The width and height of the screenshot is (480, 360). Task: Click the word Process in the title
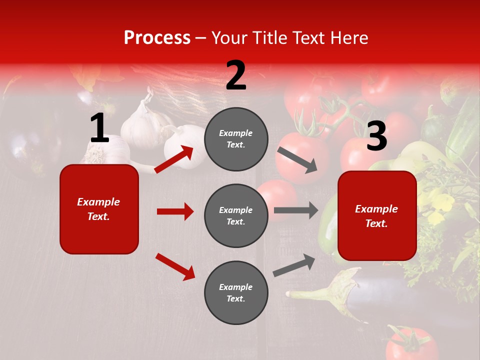click(x=157, y=38)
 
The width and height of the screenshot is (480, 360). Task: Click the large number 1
click(x=99, y=128)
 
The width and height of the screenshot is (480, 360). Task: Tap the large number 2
click(x=236, y=76)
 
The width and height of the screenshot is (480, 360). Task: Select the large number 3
click(x=376, y=137)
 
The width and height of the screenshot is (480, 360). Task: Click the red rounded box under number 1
click(x=99, y=209)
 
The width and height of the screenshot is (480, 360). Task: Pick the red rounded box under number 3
click(x=377, y=215)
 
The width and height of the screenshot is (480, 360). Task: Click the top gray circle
click(x=236, y=139)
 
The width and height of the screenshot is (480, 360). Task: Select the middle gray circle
click(x=236, y=215)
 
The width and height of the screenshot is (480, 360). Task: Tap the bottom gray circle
click(x=236, y=292)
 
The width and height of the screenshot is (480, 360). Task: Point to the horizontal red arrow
click(x=175, y=211)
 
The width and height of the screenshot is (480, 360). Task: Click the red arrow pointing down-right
click(x=175, y=266)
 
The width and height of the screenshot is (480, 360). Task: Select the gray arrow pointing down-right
click(x=297, y=160)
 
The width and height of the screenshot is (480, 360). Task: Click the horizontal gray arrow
click(x=296, y=210)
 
